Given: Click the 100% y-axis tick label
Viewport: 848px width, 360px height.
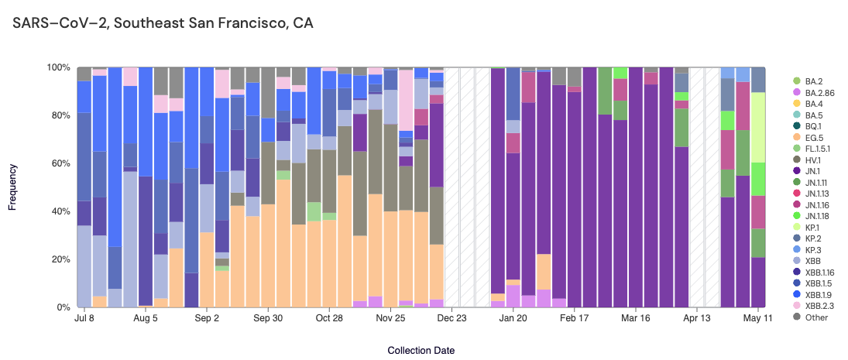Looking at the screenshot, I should tap(57, 67).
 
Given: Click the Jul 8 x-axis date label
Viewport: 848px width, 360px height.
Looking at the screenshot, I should tap(85, 318).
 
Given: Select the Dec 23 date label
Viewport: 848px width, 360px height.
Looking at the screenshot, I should tap(451, 318).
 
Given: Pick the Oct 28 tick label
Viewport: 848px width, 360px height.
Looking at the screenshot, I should tap(329, 318).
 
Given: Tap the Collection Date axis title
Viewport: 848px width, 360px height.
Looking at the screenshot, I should tap(421, 351).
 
